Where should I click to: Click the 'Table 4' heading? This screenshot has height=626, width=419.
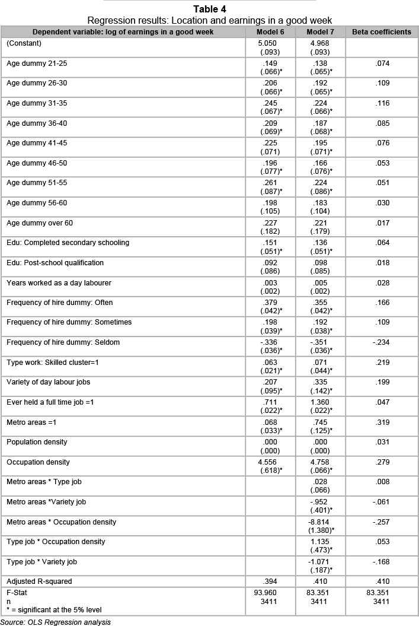click(x=209, y=9)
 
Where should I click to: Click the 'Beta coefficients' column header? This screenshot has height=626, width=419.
click(x=382, y=31)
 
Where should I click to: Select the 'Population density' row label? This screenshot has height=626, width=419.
click(x=37, y=442)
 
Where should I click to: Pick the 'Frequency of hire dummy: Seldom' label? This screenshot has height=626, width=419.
click(x=60, y=342)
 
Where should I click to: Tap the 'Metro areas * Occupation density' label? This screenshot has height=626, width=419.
click(x=61, y=522)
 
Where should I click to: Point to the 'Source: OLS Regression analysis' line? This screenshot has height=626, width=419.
click(x=56, y=622)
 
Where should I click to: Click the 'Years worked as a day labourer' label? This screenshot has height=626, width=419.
click(x=59, y=283)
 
